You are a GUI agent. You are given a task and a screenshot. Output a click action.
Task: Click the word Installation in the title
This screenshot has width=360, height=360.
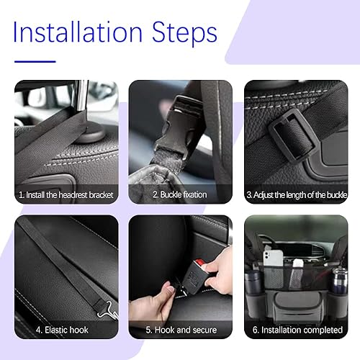click(x=78, y=32)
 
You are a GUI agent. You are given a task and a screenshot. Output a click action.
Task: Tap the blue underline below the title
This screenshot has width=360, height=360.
click(x=35, y=61)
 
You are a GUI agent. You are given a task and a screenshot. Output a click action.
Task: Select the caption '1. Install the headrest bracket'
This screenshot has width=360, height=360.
click(x=66, y=194)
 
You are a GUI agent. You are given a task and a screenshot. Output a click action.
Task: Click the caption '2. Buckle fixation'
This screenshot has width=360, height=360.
click(x=180, y=194)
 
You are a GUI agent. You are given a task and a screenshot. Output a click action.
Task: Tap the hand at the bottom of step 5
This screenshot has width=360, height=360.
click(x=155, y=302)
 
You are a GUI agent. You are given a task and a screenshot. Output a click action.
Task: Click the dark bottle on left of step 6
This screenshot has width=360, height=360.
click(x=254, y=284)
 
